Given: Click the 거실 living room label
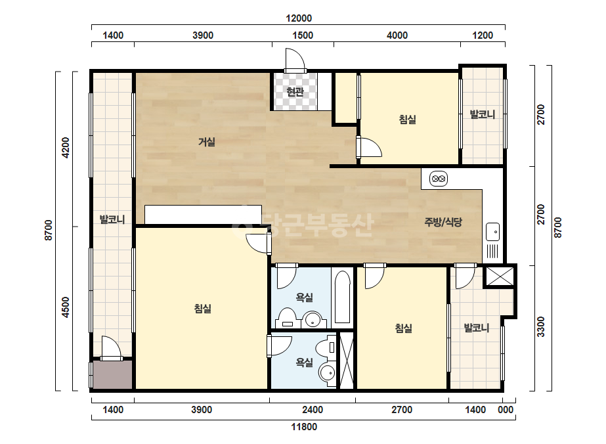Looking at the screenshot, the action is pyautogui.click(x=207, y=142).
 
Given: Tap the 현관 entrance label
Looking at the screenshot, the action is pyautogui.click(x=295, y=92).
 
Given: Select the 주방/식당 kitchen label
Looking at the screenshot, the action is pyautogui.click(x=443, y=222).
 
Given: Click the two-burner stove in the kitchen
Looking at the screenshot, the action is pyautogui.click(x=439, y=179).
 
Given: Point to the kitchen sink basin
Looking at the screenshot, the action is pyautogui.click(x=493, y=232).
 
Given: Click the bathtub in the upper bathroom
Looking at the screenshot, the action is pyautogui.click(x=343, y=297).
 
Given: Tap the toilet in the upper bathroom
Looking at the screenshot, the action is pyautogui.click(x=286, y=319).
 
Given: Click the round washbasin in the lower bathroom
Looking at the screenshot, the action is pyautogui.click(x=328, y=373).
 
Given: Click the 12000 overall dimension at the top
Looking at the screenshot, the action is pyautogui.click(x=299, y=18).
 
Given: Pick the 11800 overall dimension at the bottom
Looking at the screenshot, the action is pyautogui.click(x=304, y=427).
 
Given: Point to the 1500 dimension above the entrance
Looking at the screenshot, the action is pyautogui.click(x=303, y=35).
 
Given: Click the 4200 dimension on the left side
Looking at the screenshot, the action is pyautogui.click(x=66, y=148).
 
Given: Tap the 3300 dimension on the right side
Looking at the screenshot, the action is pyautogui.click(x=541, y=327).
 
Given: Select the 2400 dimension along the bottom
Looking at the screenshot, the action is pyautogui.click(x=313, y=410).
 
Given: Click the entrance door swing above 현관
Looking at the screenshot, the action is pyautogui.click(x=295, y=60).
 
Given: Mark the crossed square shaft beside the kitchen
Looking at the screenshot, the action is pyautogui.click(x=500, y=277).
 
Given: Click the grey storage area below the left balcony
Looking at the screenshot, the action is pyautogui.click(x=112, y=375).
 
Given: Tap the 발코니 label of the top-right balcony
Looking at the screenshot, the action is pyautogui.click(x=483, y=114).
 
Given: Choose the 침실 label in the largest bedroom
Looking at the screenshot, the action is pyautogui.click(x=202, y=309).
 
